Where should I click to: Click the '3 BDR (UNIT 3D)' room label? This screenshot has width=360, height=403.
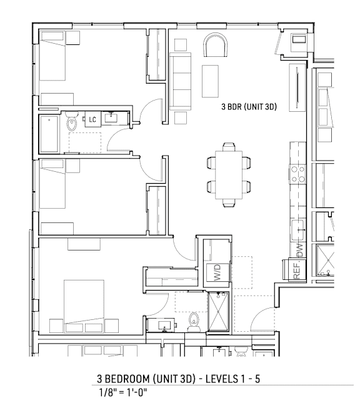tap(249, 107)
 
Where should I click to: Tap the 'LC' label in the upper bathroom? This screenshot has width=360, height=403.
tap(92, 119)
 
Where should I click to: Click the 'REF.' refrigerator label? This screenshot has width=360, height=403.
tap(297, 270)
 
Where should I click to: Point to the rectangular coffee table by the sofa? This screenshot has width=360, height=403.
tap(211, 80)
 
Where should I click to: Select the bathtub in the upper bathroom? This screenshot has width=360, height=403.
tap(51, 132)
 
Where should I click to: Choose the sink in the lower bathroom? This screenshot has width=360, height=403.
tap(166, 324)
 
